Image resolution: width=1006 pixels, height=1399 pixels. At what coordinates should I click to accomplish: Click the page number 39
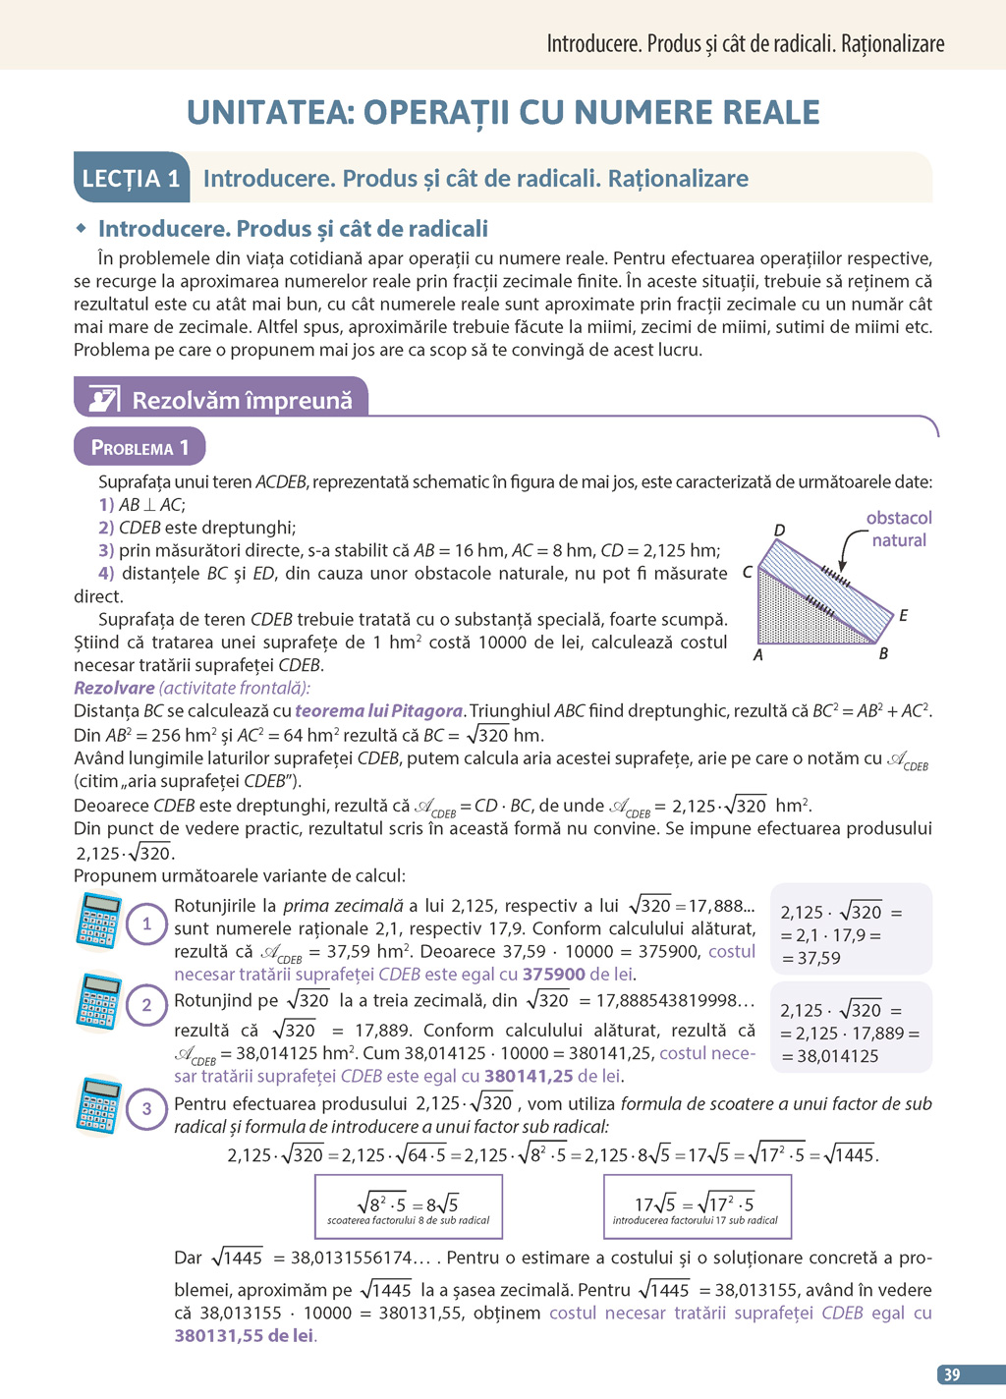point(952,1374)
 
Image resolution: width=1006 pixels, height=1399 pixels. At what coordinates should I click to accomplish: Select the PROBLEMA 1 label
point(140,447)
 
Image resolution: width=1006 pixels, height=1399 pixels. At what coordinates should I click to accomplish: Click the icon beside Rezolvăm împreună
point(104,400)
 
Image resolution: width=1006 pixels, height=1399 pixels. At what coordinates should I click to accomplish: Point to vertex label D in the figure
point(779,531)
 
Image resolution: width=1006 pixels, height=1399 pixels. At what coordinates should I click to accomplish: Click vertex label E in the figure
point(903,616)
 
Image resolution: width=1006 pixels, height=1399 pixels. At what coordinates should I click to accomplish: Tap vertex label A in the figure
point(757,654)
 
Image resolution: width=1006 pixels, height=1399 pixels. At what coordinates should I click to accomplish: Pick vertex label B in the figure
point(883,654)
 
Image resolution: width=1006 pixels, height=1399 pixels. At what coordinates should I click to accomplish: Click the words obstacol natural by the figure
point(898,529)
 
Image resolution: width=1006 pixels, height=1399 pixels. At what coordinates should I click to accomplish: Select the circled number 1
point(147,923)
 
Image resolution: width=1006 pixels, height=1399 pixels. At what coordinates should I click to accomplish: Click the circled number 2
point(147,1004)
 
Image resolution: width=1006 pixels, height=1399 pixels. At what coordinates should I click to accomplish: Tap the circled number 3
point(147,1109)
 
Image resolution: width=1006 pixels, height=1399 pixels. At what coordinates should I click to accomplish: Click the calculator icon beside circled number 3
point(99,1105)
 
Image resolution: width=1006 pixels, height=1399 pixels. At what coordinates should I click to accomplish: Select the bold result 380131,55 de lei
point(245,1335)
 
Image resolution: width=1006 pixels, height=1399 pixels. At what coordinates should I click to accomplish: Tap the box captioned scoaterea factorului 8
point(408,1206)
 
